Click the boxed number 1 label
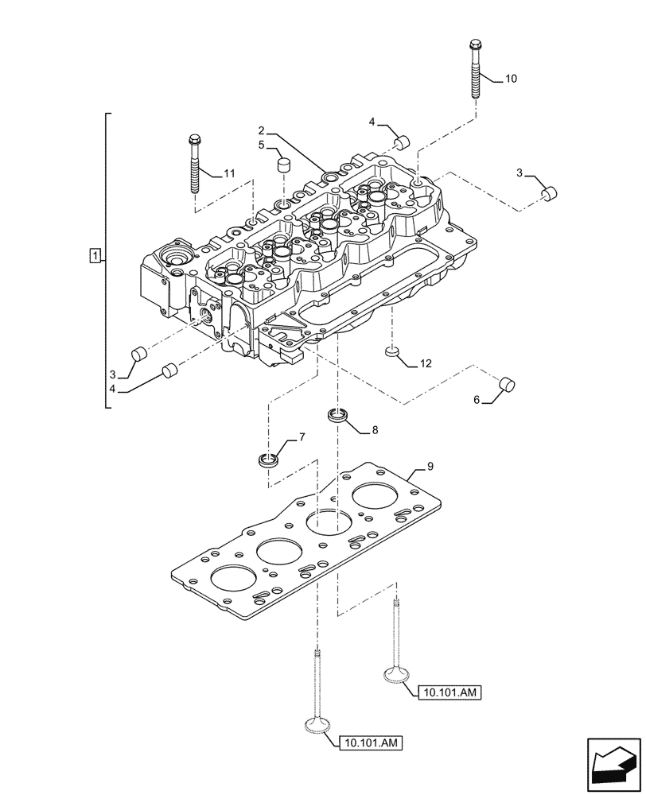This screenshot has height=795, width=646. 95,256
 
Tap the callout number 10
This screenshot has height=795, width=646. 511,79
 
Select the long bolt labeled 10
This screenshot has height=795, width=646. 476,69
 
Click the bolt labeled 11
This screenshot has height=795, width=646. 194,164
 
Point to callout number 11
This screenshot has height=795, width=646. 229,173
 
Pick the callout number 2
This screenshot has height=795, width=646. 260,130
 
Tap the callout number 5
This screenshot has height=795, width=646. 260,146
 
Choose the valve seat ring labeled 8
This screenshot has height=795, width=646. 339,414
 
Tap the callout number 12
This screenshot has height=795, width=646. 426,363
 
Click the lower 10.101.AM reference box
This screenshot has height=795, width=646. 371,743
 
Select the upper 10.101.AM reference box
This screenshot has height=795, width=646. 448,693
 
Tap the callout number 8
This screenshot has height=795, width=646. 376,430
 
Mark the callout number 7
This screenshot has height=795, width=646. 302,437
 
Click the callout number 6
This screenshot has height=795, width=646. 477,401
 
